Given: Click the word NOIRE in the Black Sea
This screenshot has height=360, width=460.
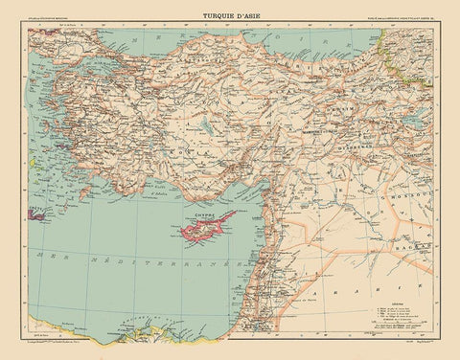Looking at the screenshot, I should (287, 42).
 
